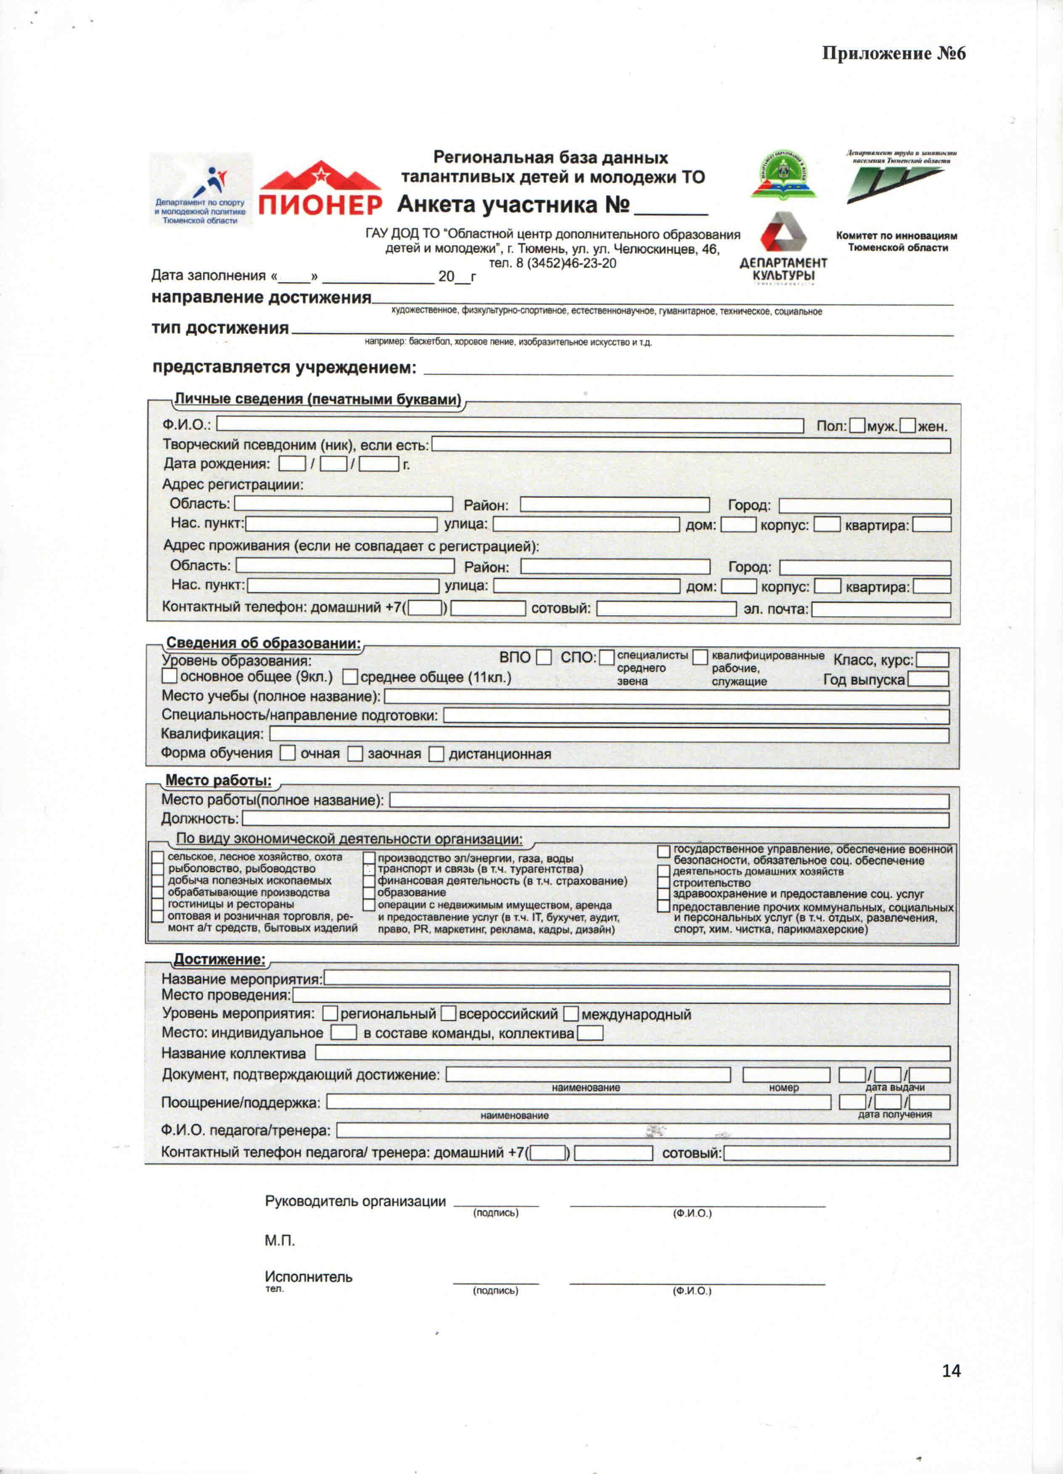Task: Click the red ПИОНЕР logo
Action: [x=320, y=189]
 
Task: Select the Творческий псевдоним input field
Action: [x=691, y=445]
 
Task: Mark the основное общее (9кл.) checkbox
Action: [x=169, y=676]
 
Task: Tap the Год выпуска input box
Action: [x=928, y=679]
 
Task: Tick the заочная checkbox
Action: [x=355, y=754]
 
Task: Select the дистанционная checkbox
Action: [x=436, y=754]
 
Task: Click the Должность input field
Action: [x=595, y=819]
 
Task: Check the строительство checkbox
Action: [x=664, y=883]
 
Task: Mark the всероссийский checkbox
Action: [x=448, y=1013]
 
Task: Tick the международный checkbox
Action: [x=571, y=1013]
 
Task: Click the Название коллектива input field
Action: [x=632, y=1053]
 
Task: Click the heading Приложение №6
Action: [x=894, y=53]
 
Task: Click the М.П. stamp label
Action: [x=279, y=1241]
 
